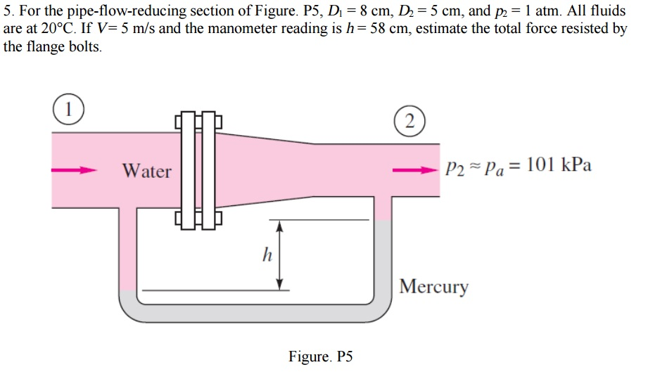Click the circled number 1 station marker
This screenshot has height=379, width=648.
click(x=68, y=110)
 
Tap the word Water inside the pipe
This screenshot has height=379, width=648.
click(x=146, y=171)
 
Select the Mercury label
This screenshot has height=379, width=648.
click(x=433, y=287)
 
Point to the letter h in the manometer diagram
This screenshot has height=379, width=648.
click(x=267, y=255)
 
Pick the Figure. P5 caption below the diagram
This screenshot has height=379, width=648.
click(x=320, y=356)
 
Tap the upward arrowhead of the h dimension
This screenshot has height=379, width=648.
click(x=279, y=226)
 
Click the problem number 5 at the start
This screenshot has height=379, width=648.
click(x=8, y=13)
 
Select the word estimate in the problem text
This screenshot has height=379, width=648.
click(x=440, y=30)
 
